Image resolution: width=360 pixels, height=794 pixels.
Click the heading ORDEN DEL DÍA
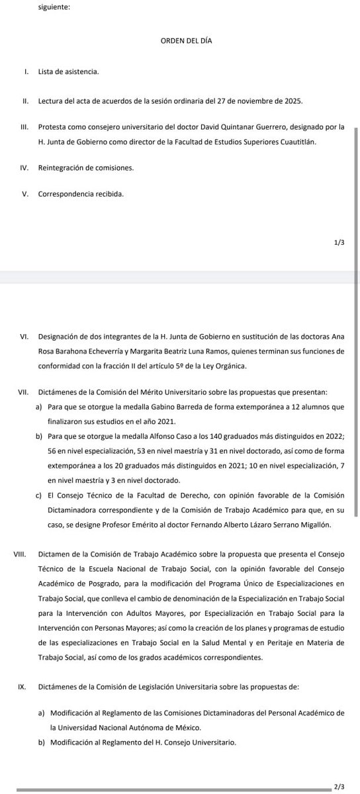[x=186, y=41]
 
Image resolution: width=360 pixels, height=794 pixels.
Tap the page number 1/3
[x=339, y=243]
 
